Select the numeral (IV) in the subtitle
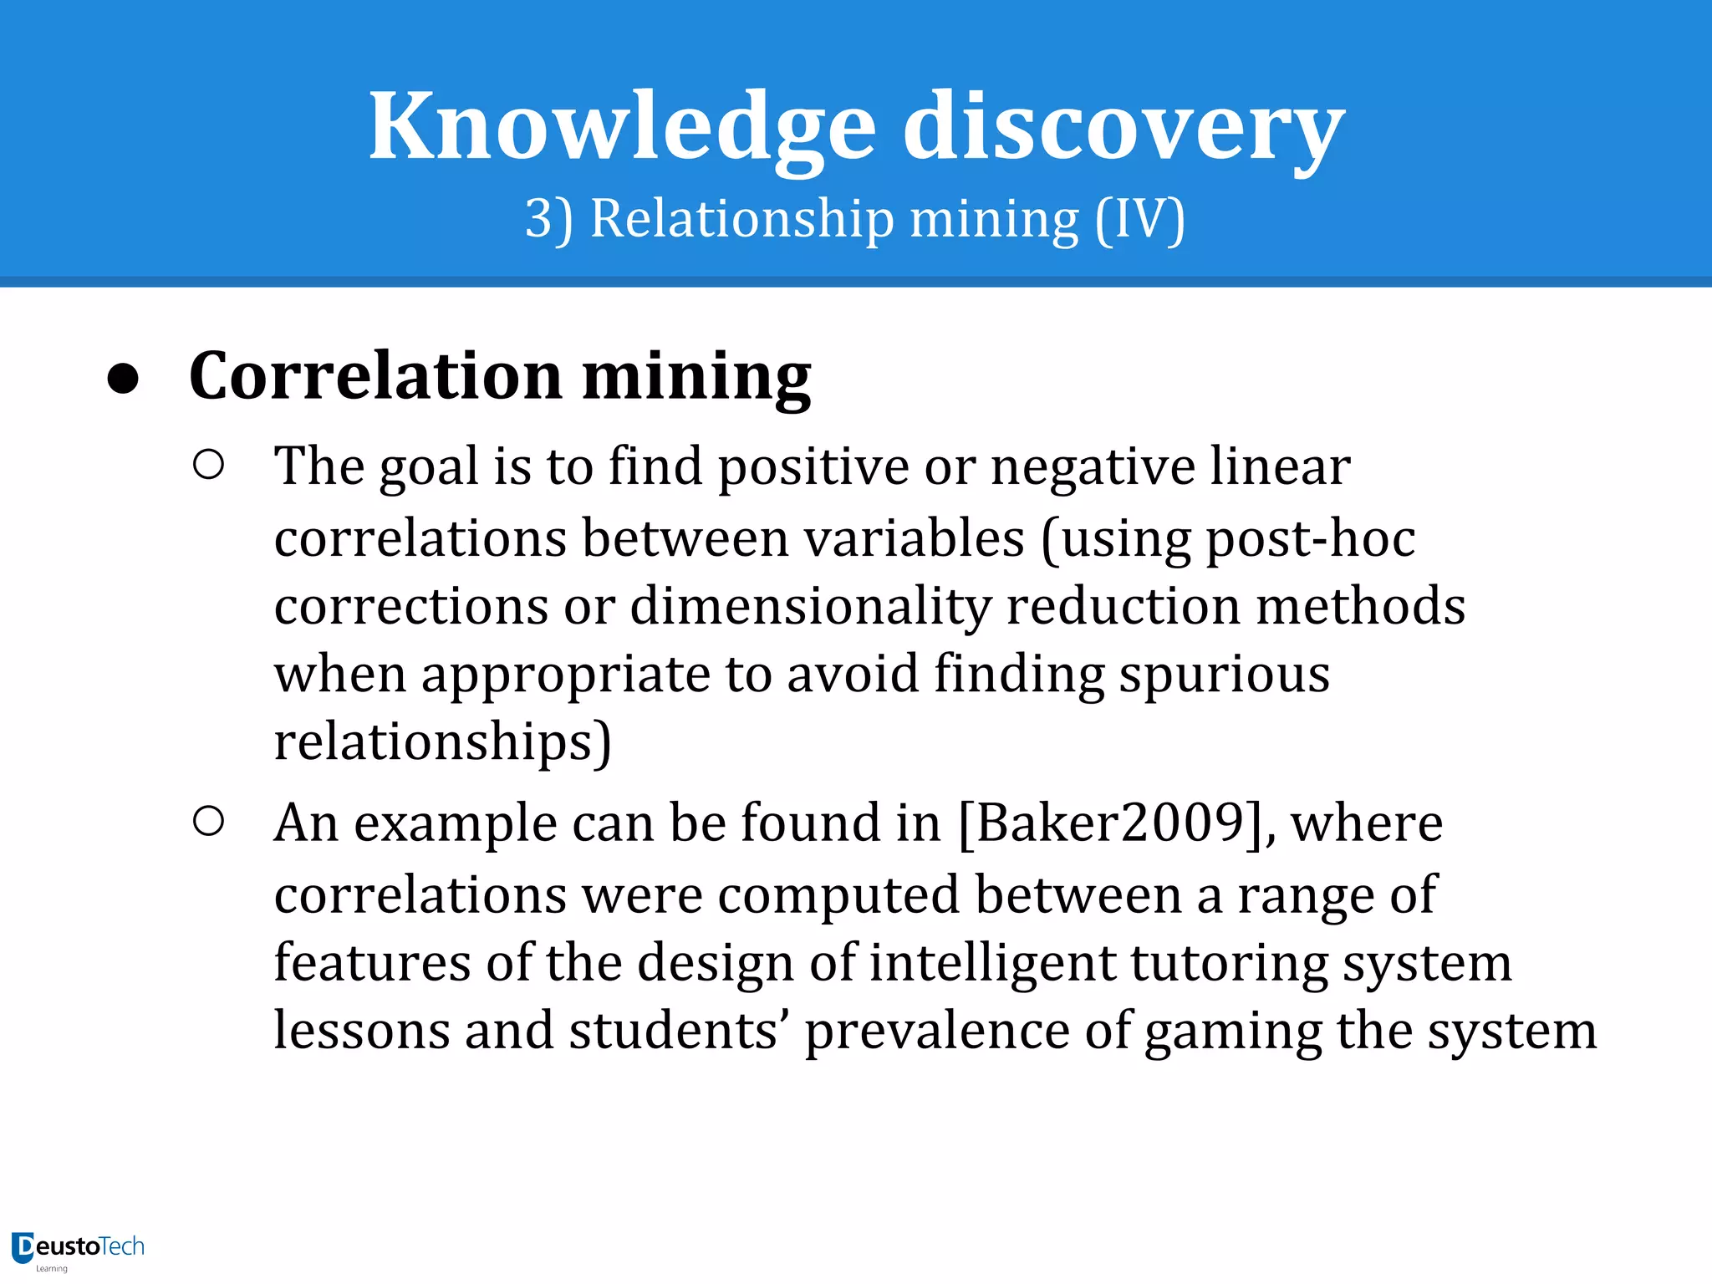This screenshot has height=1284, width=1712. click(1140, 219)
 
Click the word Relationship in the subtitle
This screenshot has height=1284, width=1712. click(742, 219)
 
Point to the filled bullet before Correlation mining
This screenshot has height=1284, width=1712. click(124, 379)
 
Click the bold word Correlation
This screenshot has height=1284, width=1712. click(375, 375)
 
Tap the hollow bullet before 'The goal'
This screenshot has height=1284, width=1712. click(208, 465)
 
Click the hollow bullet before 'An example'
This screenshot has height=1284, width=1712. click(208, 822)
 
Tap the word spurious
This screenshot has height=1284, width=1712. click(1224, 674)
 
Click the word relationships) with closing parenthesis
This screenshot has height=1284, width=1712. click(443, 742)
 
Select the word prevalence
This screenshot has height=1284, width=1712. click(936, 1031)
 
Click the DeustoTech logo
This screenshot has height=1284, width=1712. click(78, 1249)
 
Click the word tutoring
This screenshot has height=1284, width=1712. click(1229, 964)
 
